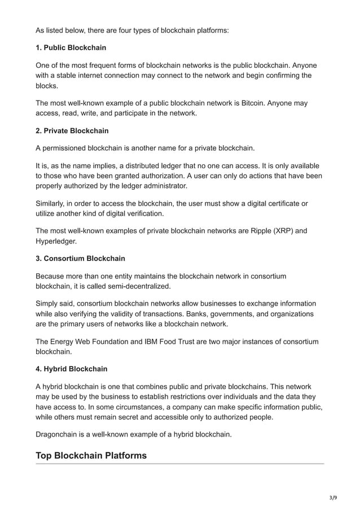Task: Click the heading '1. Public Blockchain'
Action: pyautogui.click(x=71, y=47)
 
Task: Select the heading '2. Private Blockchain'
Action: pyautogui.click(x=72, y=130)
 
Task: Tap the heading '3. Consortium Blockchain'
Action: pyautogui.click(x=80, y=258)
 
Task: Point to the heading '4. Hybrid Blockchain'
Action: pyautogui.click(x=72, y=370)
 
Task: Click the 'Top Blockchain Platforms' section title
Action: pyautogui.click(x=91, y=455)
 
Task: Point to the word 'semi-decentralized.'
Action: pyautogui.click(x=125, y=286)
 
